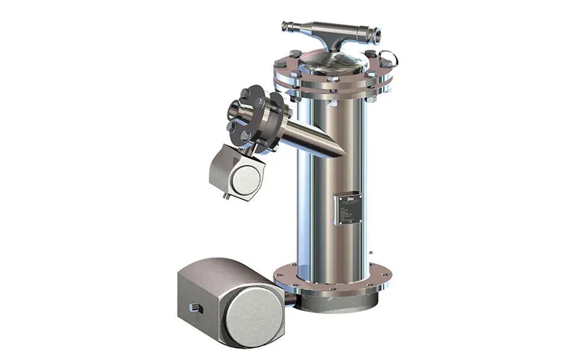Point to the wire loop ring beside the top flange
(388, 57)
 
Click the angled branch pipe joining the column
(310, 139)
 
